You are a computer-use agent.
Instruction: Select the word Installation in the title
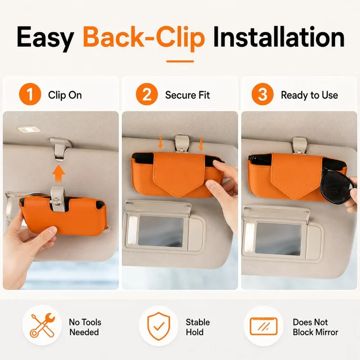tap(279, 37)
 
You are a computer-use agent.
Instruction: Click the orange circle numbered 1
tap(30, 94)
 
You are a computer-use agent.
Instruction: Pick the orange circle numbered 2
tap(147, 94)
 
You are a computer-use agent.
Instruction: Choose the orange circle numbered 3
tap(263, 94)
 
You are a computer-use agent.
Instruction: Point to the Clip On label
tap(65, 95)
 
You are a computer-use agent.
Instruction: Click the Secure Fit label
tap(187, 95)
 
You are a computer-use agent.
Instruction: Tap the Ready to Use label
tap(310, 95)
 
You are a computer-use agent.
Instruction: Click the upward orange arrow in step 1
tap(58, 173)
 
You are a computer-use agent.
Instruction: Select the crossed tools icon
tap(43, 325)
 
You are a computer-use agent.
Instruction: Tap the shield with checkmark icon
tap(159, 326)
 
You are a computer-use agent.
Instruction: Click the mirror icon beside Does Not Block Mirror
tap(264, 326)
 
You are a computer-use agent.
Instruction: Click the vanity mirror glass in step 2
tap(161, 231)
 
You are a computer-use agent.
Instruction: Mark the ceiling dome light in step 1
tap(29, 130)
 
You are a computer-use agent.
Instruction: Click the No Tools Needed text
tap(85, 327)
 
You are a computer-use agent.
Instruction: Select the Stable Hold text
tap(198, 327)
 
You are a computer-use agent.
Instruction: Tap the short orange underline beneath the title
tap(180, 62)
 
